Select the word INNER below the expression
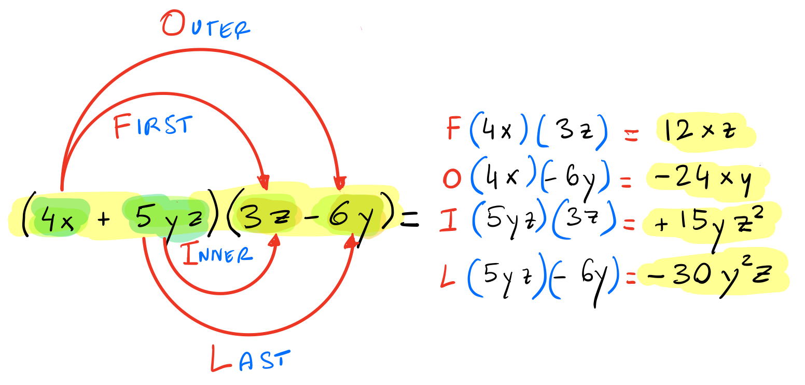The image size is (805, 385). click(x=217, y=254)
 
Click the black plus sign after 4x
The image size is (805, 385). click(x=104, y=220)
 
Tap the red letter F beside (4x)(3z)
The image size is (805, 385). click(x=453, y=130)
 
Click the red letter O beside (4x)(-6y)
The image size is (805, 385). click(x=452, y=178)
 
